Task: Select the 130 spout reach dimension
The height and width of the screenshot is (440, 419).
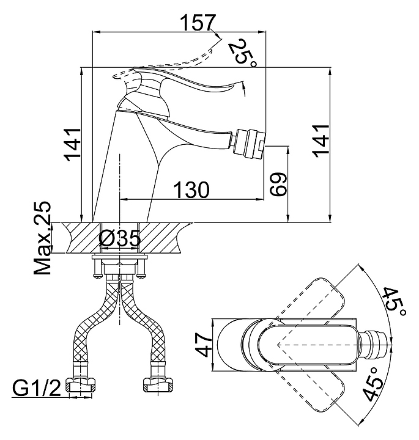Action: tap(191, 189)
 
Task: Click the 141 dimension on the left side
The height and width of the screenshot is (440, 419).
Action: tap(72, 145)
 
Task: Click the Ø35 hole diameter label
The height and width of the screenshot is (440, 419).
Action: tap(119, 239)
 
